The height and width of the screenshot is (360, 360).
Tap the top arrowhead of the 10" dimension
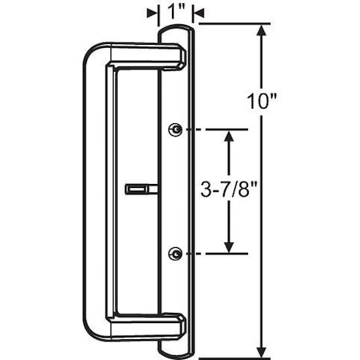tap(262, 32)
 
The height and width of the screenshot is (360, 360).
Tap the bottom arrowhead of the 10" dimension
tap(262, 352)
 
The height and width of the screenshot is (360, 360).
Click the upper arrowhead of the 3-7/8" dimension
tap(230, 136)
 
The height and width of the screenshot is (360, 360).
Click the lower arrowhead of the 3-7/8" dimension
tap(230, 246)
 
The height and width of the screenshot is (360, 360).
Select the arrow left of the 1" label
tap(152, 12)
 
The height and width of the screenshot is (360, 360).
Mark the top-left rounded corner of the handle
tap(90, 53)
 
